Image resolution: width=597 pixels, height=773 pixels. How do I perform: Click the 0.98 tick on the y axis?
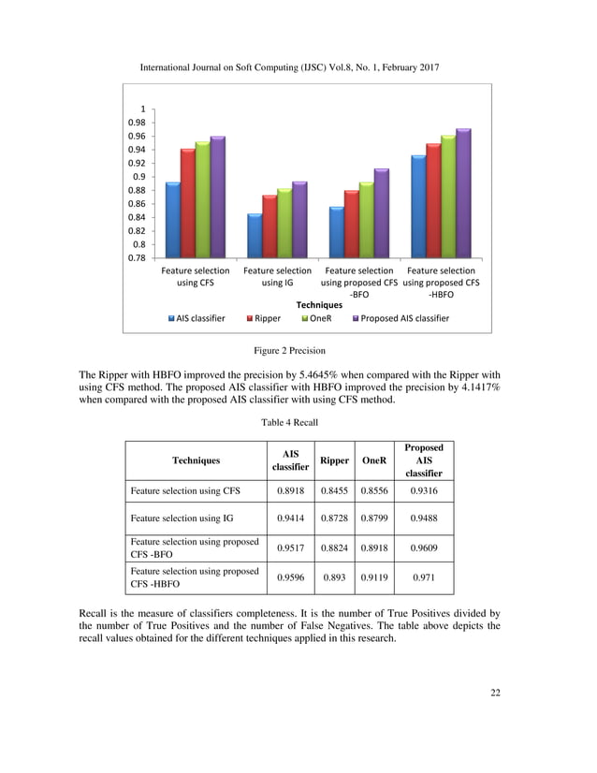138,123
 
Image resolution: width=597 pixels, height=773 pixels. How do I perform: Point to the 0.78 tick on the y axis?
138,257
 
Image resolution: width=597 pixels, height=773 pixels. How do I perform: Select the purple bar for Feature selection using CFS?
217,197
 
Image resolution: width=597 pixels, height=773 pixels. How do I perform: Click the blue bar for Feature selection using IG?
254,236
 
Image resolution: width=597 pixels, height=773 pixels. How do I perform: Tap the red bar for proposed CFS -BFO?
351,225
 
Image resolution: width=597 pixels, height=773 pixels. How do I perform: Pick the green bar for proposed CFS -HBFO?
447,197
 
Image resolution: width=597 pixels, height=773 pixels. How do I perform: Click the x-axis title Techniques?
319,305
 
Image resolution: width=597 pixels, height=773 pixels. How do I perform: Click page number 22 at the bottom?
495,693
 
